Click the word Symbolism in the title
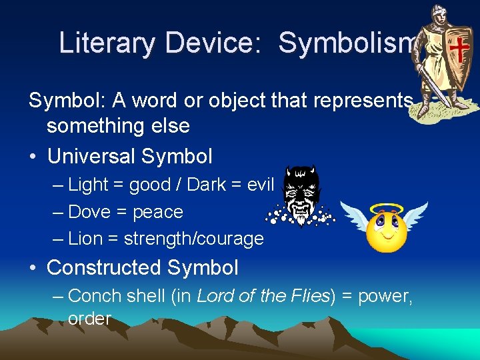pyautogui.click(x=347, y=43)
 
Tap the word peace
pyautogui.click(x=158, y=213)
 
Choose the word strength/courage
pyautogui.click(x=194, y=239)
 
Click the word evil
pyautogui.click(x=260, y=185)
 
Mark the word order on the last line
pyautogui.click(x=89, y=319)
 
